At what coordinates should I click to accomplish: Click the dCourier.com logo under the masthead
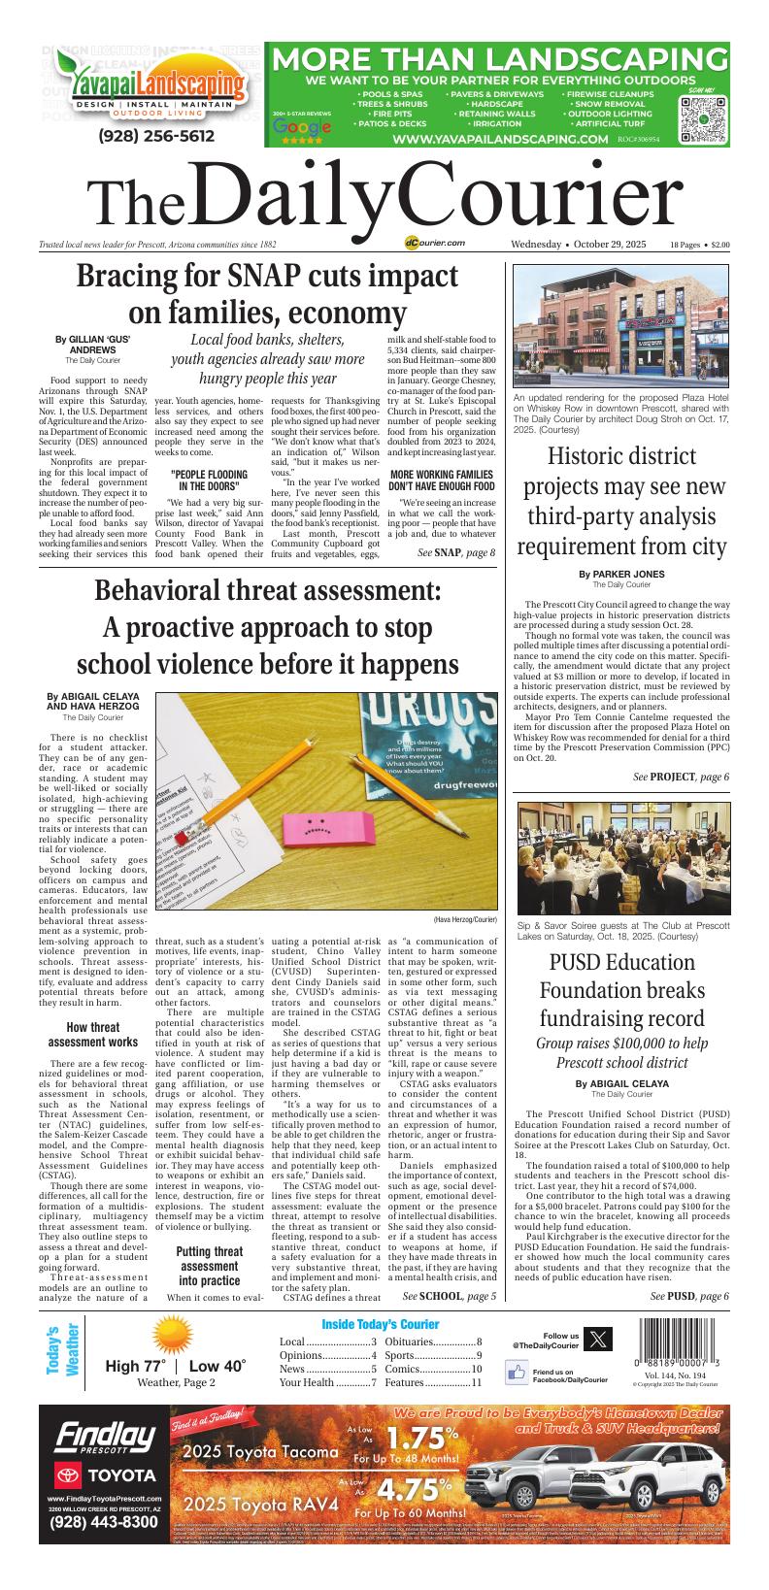[436, 244]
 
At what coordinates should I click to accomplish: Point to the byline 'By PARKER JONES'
[621, 574]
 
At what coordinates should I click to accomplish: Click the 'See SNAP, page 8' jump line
[456, 552]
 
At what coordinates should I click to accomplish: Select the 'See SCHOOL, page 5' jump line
[449, 1295]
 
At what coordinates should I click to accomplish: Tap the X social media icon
[602, 1339]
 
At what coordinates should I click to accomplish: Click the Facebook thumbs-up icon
[516, 1373]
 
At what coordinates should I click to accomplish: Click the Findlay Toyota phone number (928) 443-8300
[103, 1521]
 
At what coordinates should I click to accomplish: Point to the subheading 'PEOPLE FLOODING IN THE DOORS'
[208, 479]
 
